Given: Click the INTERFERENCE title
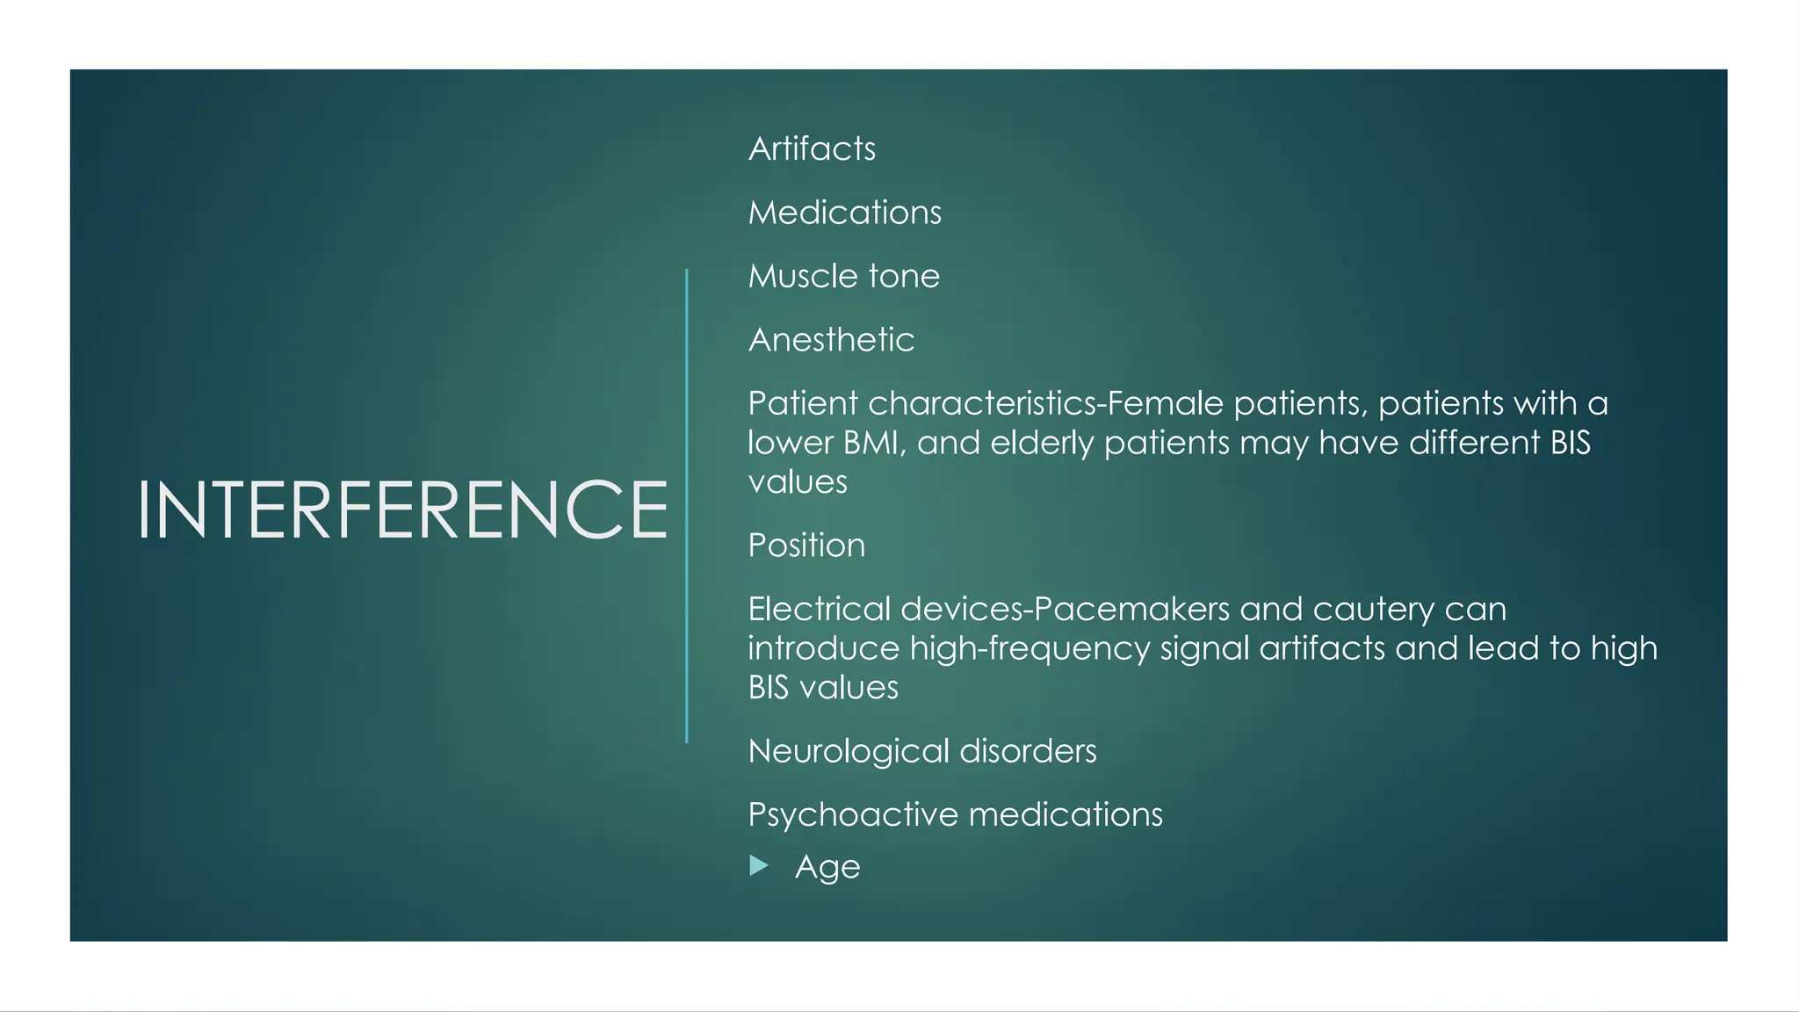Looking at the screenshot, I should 402,510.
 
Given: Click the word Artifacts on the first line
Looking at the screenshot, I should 812,148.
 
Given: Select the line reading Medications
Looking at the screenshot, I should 844,213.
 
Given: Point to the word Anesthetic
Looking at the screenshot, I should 831,340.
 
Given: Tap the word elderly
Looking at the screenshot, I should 1042,443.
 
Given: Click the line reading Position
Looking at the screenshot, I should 806,546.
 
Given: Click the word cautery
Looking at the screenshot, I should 1376,611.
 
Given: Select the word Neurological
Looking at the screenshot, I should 849,751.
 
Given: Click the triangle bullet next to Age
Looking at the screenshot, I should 759,866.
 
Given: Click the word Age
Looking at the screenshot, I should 827,868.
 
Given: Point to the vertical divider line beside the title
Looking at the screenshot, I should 686,506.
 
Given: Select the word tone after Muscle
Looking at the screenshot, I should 904,277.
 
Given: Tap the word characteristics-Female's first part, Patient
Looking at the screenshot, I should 803,403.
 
